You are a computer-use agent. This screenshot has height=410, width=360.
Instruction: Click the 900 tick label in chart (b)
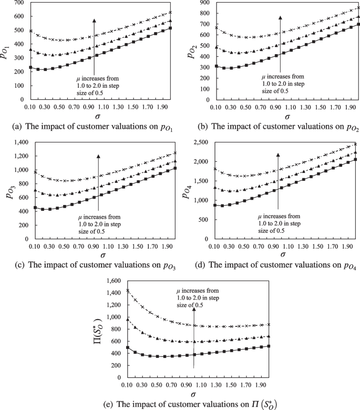203,3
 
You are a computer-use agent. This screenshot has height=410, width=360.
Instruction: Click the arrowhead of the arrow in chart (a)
94,20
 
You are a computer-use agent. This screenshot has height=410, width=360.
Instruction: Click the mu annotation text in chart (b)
282,83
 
